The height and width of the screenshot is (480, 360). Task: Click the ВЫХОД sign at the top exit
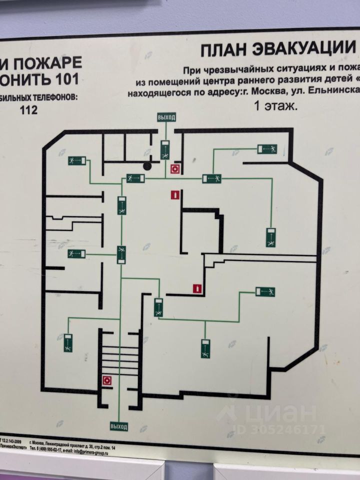166,117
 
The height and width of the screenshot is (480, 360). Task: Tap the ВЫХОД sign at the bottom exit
118,426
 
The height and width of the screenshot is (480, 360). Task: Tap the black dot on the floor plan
147,165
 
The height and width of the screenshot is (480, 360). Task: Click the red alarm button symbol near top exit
174,169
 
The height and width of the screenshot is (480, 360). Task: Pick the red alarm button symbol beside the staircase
106,380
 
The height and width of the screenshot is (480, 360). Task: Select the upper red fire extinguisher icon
174,194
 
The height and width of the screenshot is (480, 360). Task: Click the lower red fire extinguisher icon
198,288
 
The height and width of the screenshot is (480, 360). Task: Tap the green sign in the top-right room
267,148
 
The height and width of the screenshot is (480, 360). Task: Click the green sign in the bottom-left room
68,342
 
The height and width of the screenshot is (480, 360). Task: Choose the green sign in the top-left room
77,160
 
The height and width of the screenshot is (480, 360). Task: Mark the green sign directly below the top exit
165,149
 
